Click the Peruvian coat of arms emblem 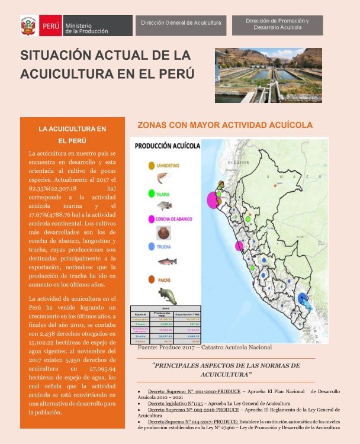[28, 27]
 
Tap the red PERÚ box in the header [50, 27]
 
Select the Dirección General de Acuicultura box [181, 23]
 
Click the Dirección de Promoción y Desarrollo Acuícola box [277, 24]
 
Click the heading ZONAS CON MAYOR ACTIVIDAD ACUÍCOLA [224, 126]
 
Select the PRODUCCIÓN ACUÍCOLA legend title [167, 146]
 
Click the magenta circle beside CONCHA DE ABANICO [152, 219]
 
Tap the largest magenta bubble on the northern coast [213, 201]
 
